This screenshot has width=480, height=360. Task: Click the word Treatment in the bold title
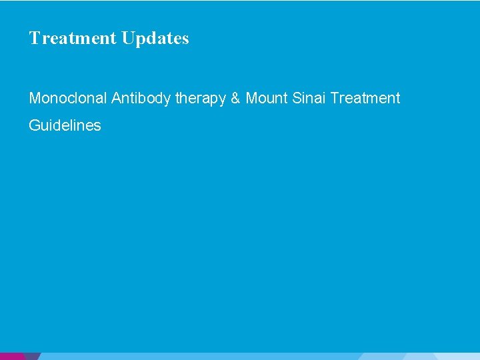[73, 38]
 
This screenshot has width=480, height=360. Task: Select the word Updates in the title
[155, 39]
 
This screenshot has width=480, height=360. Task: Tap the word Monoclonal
[68, 99]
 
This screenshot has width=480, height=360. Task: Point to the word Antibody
[141, 99]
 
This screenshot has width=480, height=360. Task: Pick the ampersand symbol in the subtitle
[236, 99]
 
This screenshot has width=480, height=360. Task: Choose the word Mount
[266, 99]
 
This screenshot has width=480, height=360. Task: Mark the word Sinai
[308, 99]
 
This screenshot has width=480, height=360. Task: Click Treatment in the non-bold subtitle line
[365, 99]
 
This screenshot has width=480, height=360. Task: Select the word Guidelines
[65, 125]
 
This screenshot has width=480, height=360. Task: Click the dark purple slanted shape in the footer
[31, 356]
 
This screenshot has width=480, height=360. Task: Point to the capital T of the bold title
[34, 38]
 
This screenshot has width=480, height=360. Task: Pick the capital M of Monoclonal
[34, 99]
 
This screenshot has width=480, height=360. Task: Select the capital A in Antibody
[116, 99]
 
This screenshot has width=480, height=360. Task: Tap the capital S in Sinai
[295, 99]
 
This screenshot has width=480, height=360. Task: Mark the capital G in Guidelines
[34, 125]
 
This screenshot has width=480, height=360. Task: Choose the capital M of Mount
[251, 99]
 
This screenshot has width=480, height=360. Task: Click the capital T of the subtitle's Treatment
[334, 99]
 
